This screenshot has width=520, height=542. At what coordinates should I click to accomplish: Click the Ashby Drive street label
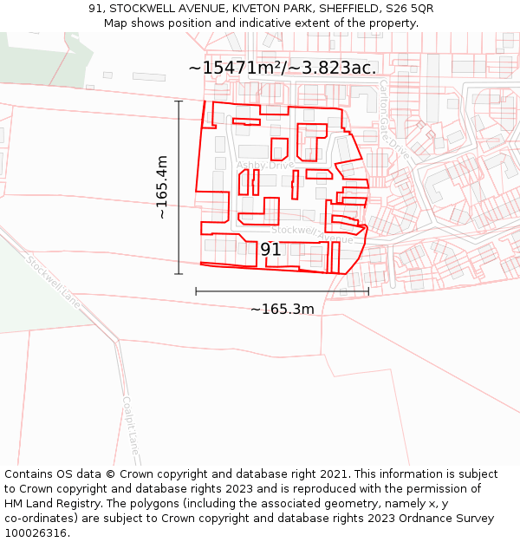[x=265, y=165]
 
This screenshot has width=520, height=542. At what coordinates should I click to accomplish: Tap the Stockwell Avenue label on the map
[x=312, y=233]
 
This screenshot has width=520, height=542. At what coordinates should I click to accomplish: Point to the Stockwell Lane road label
[x=53, y=281]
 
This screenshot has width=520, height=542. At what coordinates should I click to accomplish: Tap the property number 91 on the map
[x=270, y=250]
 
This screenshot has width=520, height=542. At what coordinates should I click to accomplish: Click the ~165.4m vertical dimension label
[x=161, y=186]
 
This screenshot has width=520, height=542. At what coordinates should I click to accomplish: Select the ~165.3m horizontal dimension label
[x=283, y=309]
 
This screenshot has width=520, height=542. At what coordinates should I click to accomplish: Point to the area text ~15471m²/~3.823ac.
[x=283, y=68]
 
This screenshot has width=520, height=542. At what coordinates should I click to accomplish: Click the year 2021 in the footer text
[x=334, y=474]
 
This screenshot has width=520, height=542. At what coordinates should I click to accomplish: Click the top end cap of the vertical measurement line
[x=179, y=101]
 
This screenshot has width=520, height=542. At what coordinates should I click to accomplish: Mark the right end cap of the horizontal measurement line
[x=368, y=291]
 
